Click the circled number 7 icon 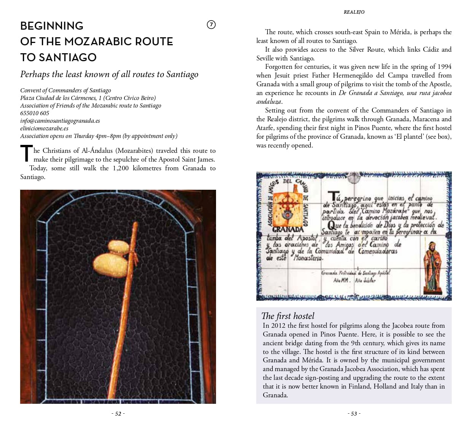(211, 25)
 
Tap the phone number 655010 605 (35, 113)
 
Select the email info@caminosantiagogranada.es (60, 121)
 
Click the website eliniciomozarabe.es (44, 128)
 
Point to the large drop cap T (26, 154)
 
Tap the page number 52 (118, 414)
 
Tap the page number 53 (354, 414)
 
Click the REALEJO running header (354, 12)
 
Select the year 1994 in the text (444, 67)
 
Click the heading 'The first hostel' (288, 316)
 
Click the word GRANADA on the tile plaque (288, 229)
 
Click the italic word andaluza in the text (269, 102)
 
